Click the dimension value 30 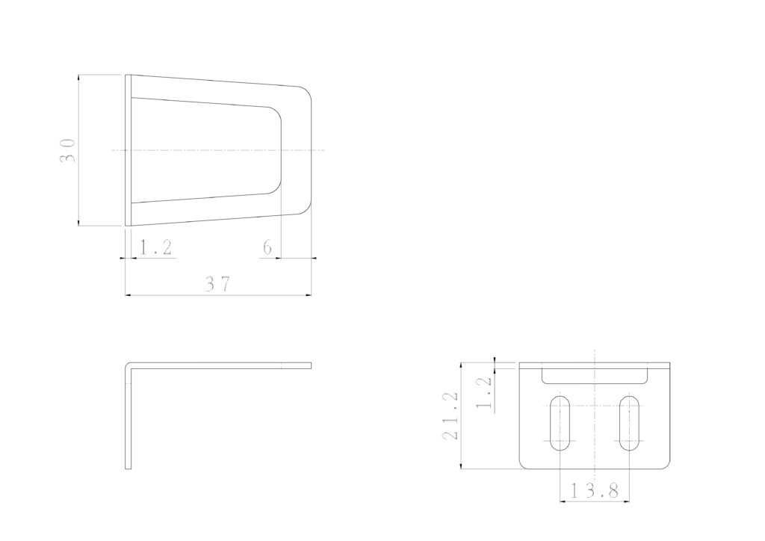[x=68, y=151]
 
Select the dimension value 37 [x=217, y=283]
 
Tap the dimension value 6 [x=267, y=248]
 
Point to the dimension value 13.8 [x=594, y=489]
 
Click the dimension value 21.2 [x=450, y=415]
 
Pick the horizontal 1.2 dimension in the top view [x=155, y=247]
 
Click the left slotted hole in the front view [x=560, y=424]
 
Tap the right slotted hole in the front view [x=629, y=424]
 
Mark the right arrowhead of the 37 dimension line [x=309, y=295]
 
